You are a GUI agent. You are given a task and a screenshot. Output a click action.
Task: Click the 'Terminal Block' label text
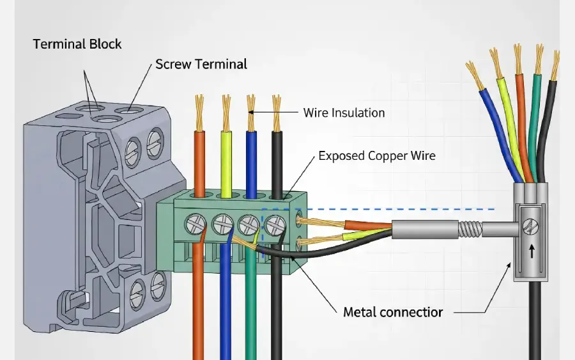(77, 44)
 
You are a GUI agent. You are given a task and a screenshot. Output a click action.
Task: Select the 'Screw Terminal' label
(201, 64)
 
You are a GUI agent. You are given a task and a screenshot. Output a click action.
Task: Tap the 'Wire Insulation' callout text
(344, 113)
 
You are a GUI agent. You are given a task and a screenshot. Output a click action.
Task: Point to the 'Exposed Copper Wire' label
(377, 155)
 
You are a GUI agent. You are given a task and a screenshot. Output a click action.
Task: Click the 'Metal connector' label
(393, 312)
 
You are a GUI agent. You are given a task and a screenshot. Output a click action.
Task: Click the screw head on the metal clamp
(529, 225)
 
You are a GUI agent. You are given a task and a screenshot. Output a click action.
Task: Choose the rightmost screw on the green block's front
(275, 224)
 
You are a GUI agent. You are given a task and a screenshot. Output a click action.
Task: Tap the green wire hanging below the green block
(250, 307)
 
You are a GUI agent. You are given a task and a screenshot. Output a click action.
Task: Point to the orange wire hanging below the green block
(198, 307)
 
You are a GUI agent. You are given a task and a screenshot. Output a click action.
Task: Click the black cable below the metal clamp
(535, 320)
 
